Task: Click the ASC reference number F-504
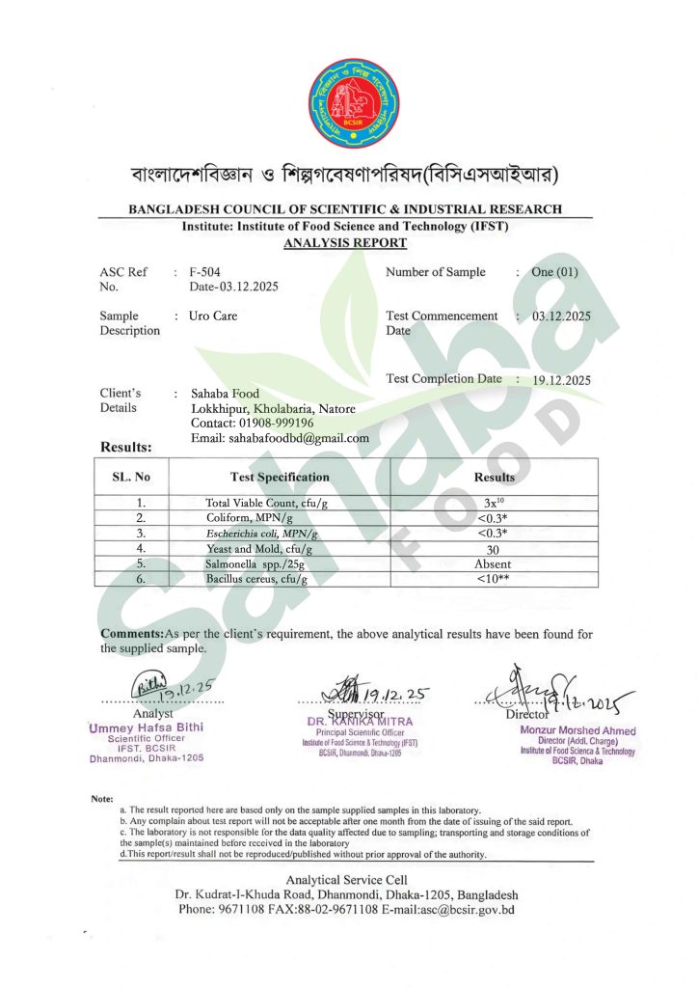[205, 272]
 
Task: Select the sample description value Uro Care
[213, 316]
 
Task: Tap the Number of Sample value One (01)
[554, 272]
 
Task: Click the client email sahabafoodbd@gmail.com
[280, 437]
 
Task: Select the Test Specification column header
[280, 477]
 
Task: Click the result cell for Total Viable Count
[494, 503]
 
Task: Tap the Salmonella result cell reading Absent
[493, 563]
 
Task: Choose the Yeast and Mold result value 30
[494, 548]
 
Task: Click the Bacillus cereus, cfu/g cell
[256, 579]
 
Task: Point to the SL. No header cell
[131, 477]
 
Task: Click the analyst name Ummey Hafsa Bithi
[146, 727]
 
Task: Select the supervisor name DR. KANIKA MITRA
[360, 721]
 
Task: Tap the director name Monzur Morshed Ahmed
[577, 730]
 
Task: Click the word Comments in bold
[132, 633]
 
